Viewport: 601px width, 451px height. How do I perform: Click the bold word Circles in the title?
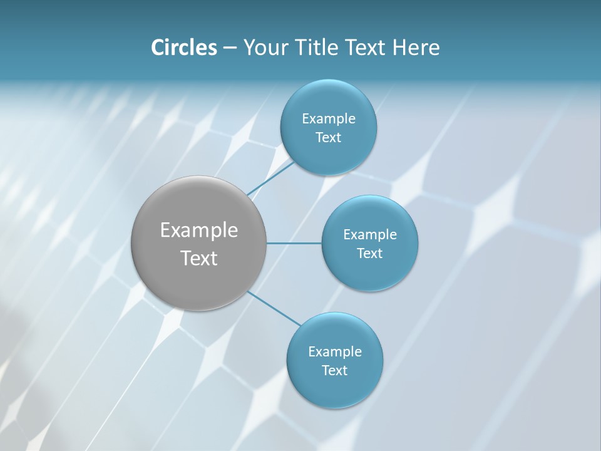[x=183, y=48]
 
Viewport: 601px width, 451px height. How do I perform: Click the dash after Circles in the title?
[x=230, y=48]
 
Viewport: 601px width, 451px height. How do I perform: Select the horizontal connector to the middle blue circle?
[x=294, y=243]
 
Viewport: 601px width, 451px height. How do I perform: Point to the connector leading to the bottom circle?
[x=273, y=308]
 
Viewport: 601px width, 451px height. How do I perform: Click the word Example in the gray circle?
[x=199, y=231]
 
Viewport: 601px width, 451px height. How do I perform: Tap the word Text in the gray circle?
[x=199, y=258]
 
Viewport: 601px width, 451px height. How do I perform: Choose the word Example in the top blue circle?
[x=328, y=119]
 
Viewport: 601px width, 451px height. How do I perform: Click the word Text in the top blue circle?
[x=328, y=138]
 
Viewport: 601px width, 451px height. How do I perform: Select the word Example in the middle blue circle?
[x=370, y=235]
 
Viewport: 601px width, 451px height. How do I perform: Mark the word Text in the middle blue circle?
[x=370, y=254]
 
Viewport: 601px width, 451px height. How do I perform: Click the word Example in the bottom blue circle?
[x=334, y=352]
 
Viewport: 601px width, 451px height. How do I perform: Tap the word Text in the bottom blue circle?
[x=334, y=371]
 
